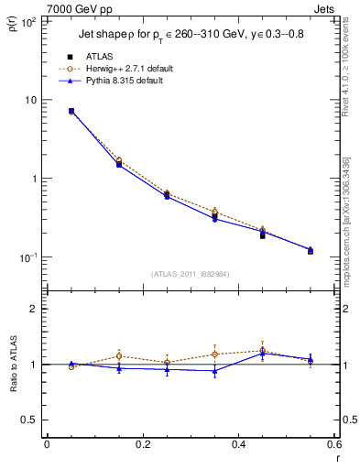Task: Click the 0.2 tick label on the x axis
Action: click(x=142, y=446)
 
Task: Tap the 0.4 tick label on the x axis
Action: click(x=238, y=446)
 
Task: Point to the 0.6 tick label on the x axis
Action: click(x=333, y=446)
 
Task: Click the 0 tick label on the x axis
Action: click(x=47, y=446)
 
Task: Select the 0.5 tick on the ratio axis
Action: click(x=29, y=420)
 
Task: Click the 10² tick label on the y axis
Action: click(x=28, y=21)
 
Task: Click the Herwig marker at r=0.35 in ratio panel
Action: click(x=214, y=354)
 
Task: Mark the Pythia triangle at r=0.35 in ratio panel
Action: click(x=214, y=371)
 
